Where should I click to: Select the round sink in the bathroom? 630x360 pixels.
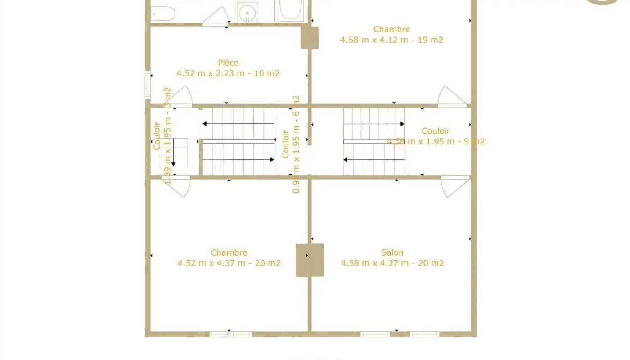click(x=247, y=13)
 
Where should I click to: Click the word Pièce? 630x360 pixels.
click(x=228, y=63)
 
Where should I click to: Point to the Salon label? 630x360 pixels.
click(x=392, y=252)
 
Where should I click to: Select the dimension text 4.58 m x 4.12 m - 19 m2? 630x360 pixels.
click(x=391, y=40)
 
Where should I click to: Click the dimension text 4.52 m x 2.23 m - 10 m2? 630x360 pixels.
click(x=228, y=73)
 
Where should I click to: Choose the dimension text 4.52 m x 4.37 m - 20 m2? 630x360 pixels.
click(x=229, y=263)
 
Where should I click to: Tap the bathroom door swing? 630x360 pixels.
click(x=216, y=16)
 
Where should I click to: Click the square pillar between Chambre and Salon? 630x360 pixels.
click(x=310, y=260)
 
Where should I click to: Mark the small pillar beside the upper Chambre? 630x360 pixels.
click(x=310, y=38)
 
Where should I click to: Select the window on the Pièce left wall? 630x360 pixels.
click(x=147, y=85)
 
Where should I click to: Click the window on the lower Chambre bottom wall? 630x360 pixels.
click(x=231, y=334)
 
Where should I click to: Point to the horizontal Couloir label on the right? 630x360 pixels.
click(x=436, y=131)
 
